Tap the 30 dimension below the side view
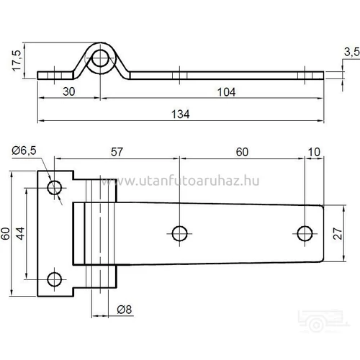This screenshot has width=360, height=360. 69,91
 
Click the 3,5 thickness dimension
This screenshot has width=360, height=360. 351,51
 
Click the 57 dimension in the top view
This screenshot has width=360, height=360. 117,152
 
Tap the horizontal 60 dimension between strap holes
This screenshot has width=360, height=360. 242,152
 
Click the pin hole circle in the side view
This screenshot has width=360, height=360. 101,58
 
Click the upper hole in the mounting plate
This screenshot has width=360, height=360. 55,188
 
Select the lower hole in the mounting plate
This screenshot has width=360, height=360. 55,279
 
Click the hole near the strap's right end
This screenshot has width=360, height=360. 305,232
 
